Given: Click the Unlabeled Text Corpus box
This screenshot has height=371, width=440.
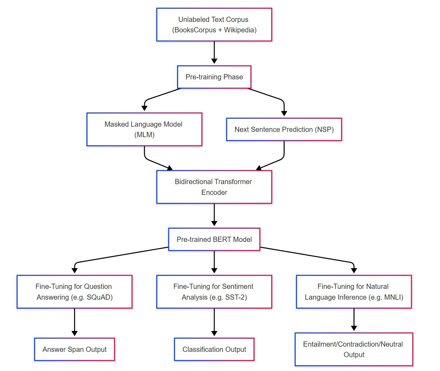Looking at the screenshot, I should click(x=214, y=25).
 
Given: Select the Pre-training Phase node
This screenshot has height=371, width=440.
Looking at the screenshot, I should click(x=214, y=77).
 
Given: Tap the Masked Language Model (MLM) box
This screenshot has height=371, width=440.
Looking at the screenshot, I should click(x=144, y=129).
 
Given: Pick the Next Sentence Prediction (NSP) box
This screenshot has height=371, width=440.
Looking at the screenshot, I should click(x=284, y=129).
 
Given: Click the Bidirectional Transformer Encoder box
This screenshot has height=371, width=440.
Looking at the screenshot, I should click(x=214, y=187).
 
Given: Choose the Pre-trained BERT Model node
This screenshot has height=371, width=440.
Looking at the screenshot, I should click(x=214, y=239).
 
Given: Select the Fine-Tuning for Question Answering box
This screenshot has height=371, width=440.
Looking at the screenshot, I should click(x=74, y=292).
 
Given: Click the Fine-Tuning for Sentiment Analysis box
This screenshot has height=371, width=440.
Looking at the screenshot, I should click(x=214, y=292).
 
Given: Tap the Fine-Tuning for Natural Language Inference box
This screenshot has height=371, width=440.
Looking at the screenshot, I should click(x=354, y=292).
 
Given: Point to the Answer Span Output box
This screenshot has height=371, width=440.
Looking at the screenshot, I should click(x=74, y=349).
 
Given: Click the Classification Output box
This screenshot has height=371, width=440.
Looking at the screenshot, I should click(x=214, y=349).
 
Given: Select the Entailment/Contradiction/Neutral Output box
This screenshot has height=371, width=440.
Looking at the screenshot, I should click(x=354, y=349).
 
